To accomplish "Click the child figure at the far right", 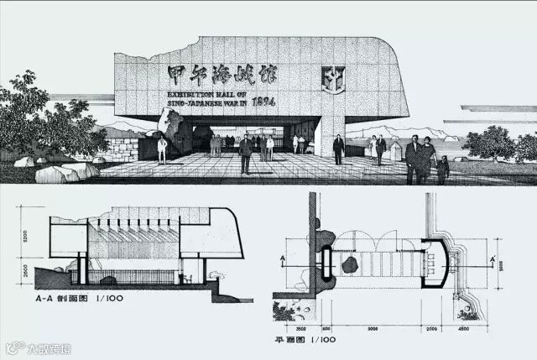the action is (442, 170).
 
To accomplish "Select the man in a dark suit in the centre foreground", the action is (245, 154).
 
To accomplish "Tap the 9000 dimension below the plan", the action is (373, 329).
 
